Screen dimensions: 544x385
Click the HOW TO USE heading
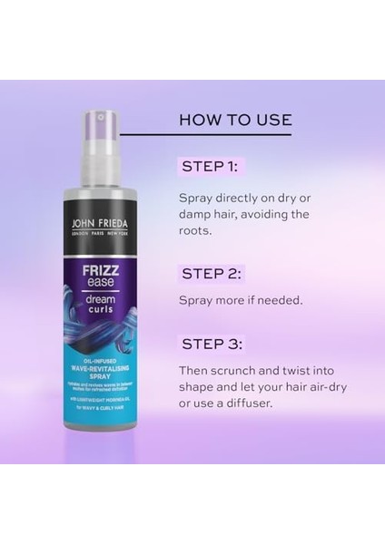pyautogui.click(x=235, y=120)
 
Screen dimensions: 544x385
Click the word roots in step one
pyautogui.click(x=198, y=231)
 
